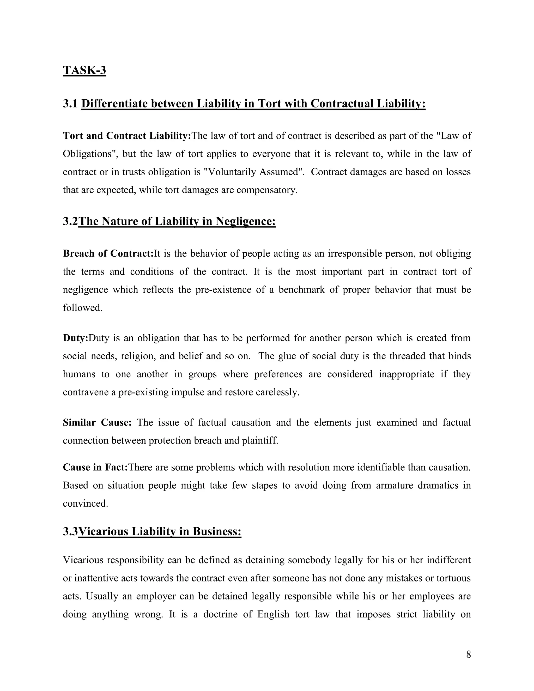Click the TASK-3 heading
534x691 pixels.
coord(84,70)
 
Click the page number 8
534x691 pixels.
coord(468,654)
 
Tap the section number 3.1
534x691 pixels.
coord(70,104)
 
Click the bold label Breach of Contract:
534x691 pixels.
coord(108,253)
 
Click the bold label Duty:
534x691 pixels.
coord(75,338)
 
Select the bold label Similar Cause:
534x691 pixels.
coord(97,422)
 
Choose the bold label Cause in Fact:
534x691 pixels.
coord(95,467)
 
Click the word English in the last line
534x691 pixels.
coord(273,614)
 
